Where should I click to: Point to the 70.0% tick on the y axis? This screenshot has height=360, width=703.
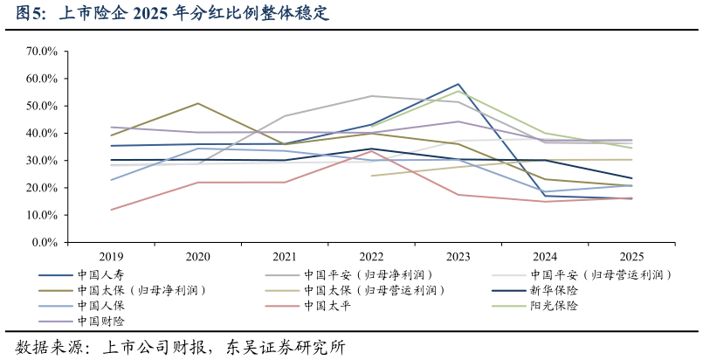(x=41, y=52)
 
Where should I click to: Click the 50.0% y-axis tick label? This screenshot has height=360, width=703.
(x=41, y=106)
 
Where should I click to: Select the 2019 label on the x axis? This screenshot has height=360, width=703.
(x=111, y=257)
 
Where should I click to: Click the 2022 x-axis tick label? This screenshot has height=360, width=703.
(x=371, y=257)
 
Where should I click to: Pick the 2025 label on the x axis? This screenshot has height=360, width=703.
(x=631, y=257)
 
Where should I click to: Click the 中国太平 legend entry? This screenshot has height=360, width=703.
(x=327, y=306)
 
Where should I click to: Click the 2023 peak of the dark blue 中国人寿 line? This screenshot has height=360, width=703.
(x=458, y=84)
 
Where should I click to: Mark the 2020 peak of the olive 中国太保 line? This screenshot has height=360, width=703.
(x=198, y=103)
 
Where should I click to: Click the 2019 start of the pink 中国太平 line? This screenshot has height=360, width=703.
(x=112, y=210)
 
